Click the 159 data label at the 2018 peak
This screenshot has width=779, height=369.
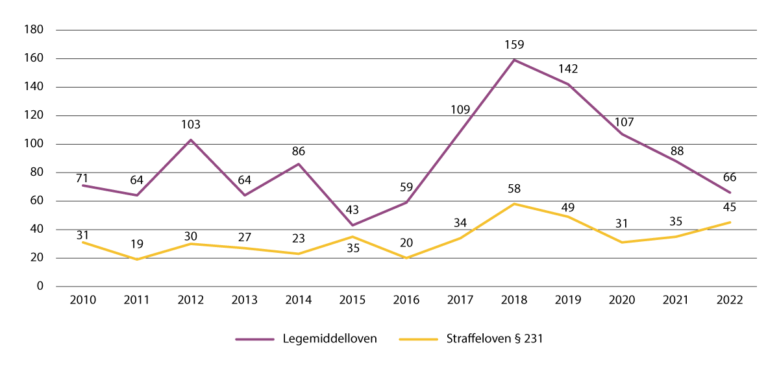tap(514, 46)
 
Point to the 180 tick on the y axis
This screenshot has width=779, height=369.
tap(33, 30)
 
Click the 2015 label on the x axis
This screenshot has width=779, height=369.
tap(352, 300)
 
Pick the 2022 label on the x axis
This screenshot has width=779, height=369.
tap(730, 300)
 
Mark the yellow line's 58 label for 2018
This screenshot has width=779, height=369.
tap(514, 190)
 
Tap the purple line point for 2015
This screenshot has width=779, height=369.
tap(352, 225)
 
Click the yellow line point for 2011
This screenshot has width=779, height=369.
tap(137, 259)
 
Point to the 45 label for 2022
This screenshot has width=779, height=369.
tap(730, 209)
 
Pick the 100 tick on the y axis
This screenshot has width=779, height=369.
tap(33, 144)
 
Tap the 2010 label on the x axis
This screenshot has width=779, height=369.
tap(83, 300)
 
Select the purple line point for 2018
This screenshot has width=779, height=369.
tap(514, 60)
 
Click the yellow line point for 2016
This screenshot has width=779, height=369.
tap(406, 258)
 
